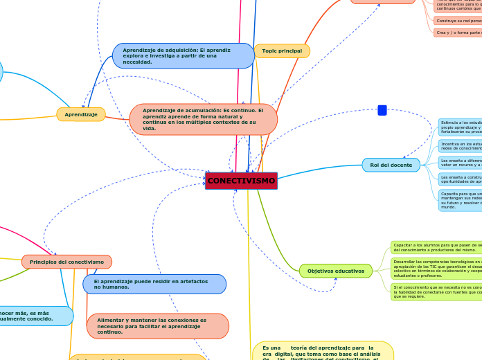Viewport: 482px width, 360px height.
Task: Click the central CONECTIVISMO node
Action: (x=241, y=181)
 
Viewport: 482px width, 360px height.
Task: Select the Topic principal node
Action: (x=282, y=51)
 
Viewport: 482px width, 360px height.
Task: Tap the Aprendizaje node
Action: (x=81, y=114)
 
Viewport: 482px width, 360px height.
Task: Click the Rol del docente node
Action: (x=391, y=165)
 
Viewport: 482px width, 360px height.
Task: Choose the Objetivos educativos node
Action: (x=335, y=271)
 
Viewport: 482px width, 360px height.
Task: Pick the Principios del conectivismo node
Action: (x=66, y=262)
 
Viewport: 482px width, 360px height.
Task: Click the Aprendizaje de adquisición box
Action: (x=183, y=56)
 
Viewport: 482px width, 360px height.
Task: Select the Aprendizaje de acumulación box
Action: (x=203, y=119)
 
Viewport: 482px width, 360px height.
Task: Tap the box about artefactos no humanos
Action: (x=154, y=284)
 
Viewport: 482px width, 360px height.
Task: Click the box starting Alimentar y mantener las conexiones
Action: (x=157, y=326)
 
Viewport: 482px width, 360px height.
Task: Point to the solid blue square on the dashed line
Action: (x=382, y=110)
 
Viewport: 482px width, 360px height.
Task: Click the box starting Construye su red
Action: (x=458, y=21)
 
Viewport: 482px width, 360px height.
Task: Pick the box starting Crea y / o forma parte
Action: (x=458, y=33)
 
